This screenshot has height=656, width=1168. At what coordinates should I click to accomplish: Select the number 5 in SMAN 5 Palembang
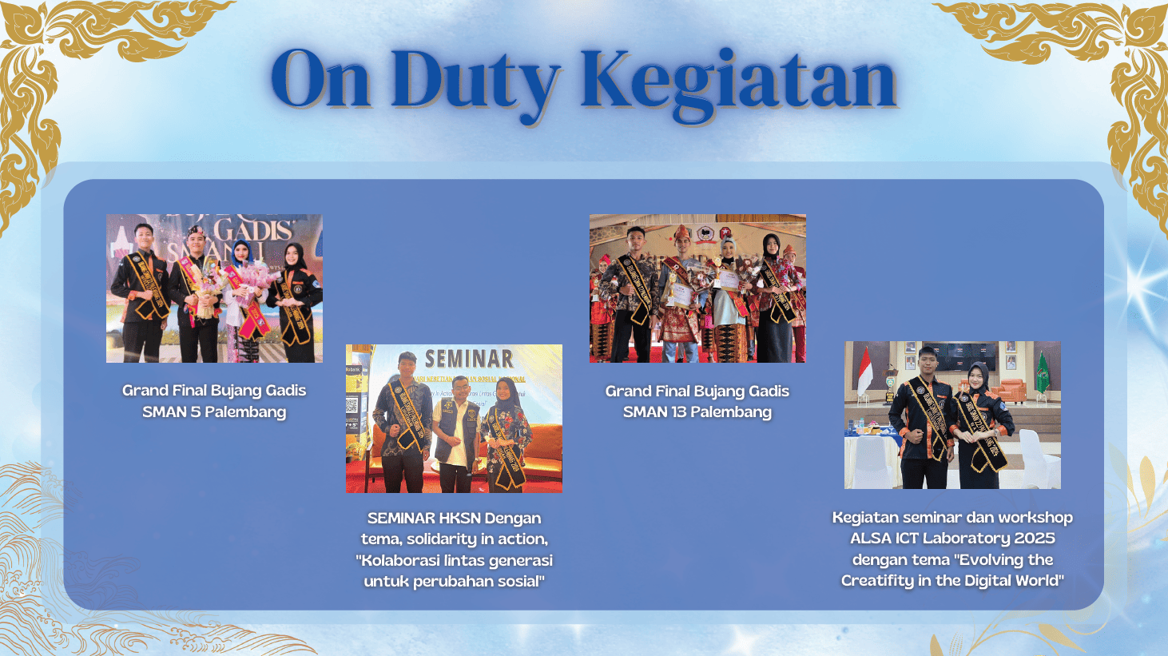tap(195, 412)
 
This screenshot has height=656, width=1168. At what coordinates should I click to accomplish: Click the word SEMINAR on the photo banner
tap(469, 359)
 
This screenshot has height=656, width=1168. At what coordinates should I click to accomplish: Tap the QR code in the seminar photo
tap(352, 404)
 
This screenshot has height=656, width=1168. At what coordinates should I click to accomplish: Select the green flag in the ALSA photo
tap(1042, 372)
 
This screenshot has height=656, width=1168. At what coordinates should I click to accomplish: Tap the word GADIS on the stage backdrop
tap(253, 231)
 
